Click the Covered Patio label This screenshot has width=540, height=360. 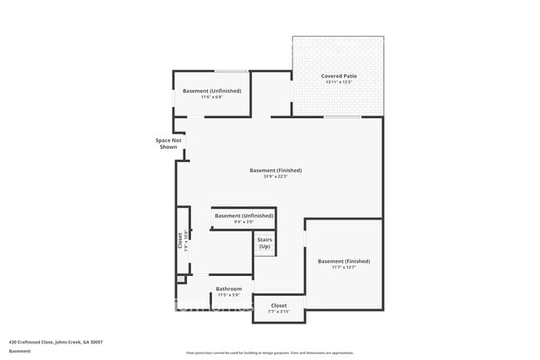337,76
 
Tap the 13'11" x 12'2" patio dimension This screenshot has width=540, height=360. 337,82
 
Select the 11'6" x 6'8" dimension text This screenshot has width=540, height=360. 212,96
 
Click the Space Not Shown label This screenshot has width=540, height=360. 167,143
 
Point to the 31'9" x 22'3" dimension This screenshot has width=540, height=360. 275,177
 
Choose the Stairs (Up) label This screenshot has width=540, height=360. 264,243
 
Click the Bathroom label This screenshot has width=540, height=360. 228,288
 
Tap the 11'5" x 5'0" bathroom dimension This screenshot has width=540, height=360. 228,295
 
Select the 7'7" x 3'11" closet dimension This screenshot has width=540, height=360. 279,312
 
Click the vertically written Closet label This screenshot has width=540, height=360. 179,240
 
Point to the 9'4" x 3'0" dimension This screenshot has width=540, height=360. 243,222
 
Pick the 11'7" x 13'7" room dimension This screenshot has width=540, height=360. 344,268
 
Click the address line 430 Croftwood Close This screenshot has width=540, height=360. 55,341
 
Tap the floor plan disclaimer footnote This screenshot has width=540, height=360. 269,353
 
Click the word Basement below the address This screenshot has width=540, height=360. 19,351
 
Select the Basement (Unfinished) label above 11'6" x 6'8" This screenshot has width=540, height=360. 212,90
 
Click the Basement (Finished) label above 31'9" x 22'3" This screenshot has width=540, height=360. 275,170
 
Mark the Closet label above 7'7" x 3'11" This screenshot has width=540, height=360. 279,305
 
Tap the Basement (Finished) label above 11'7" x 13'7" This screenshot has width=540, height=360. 344,261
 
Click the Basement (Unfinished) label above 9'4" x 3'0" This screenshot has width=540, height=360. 243,215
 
